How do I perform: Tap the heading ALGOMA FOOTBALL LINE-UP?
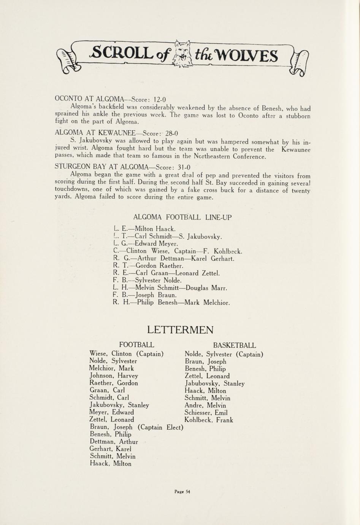pyautogui.click(x=182, y=217)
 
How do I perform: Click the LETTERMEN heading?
pyautogui.click(x=180, y=329)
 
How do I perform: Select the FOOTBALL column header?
pyautogui.click(x=136, y=345)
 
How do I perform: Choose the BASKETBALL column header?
pyautogui.click(x=234, y=345)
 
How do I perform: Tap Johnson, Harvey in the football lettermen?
pyautogui.click(x=114, y=375)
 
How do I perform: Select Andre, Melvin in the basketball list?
pyautogui.click(x=205, y=406)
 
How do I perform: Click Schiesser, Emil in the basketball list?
pyautogui.click(x=206, y=413)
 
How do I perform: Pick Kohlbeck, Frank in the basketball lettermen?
pyautogui.click(x=208, y=420)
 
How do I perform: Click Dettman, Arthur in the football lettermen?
pyautogui.click(x=114, y=442)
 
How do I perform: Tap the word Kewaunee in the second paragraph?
pyautogui.click(x=296, y=150)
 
